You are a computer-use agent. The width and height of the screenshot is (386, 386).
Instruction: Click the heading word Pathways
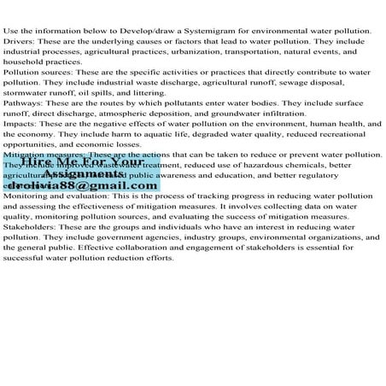click(21, 104)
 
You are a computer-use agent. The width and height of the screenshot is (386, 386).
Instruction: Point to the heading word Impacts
click(19, 125)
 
